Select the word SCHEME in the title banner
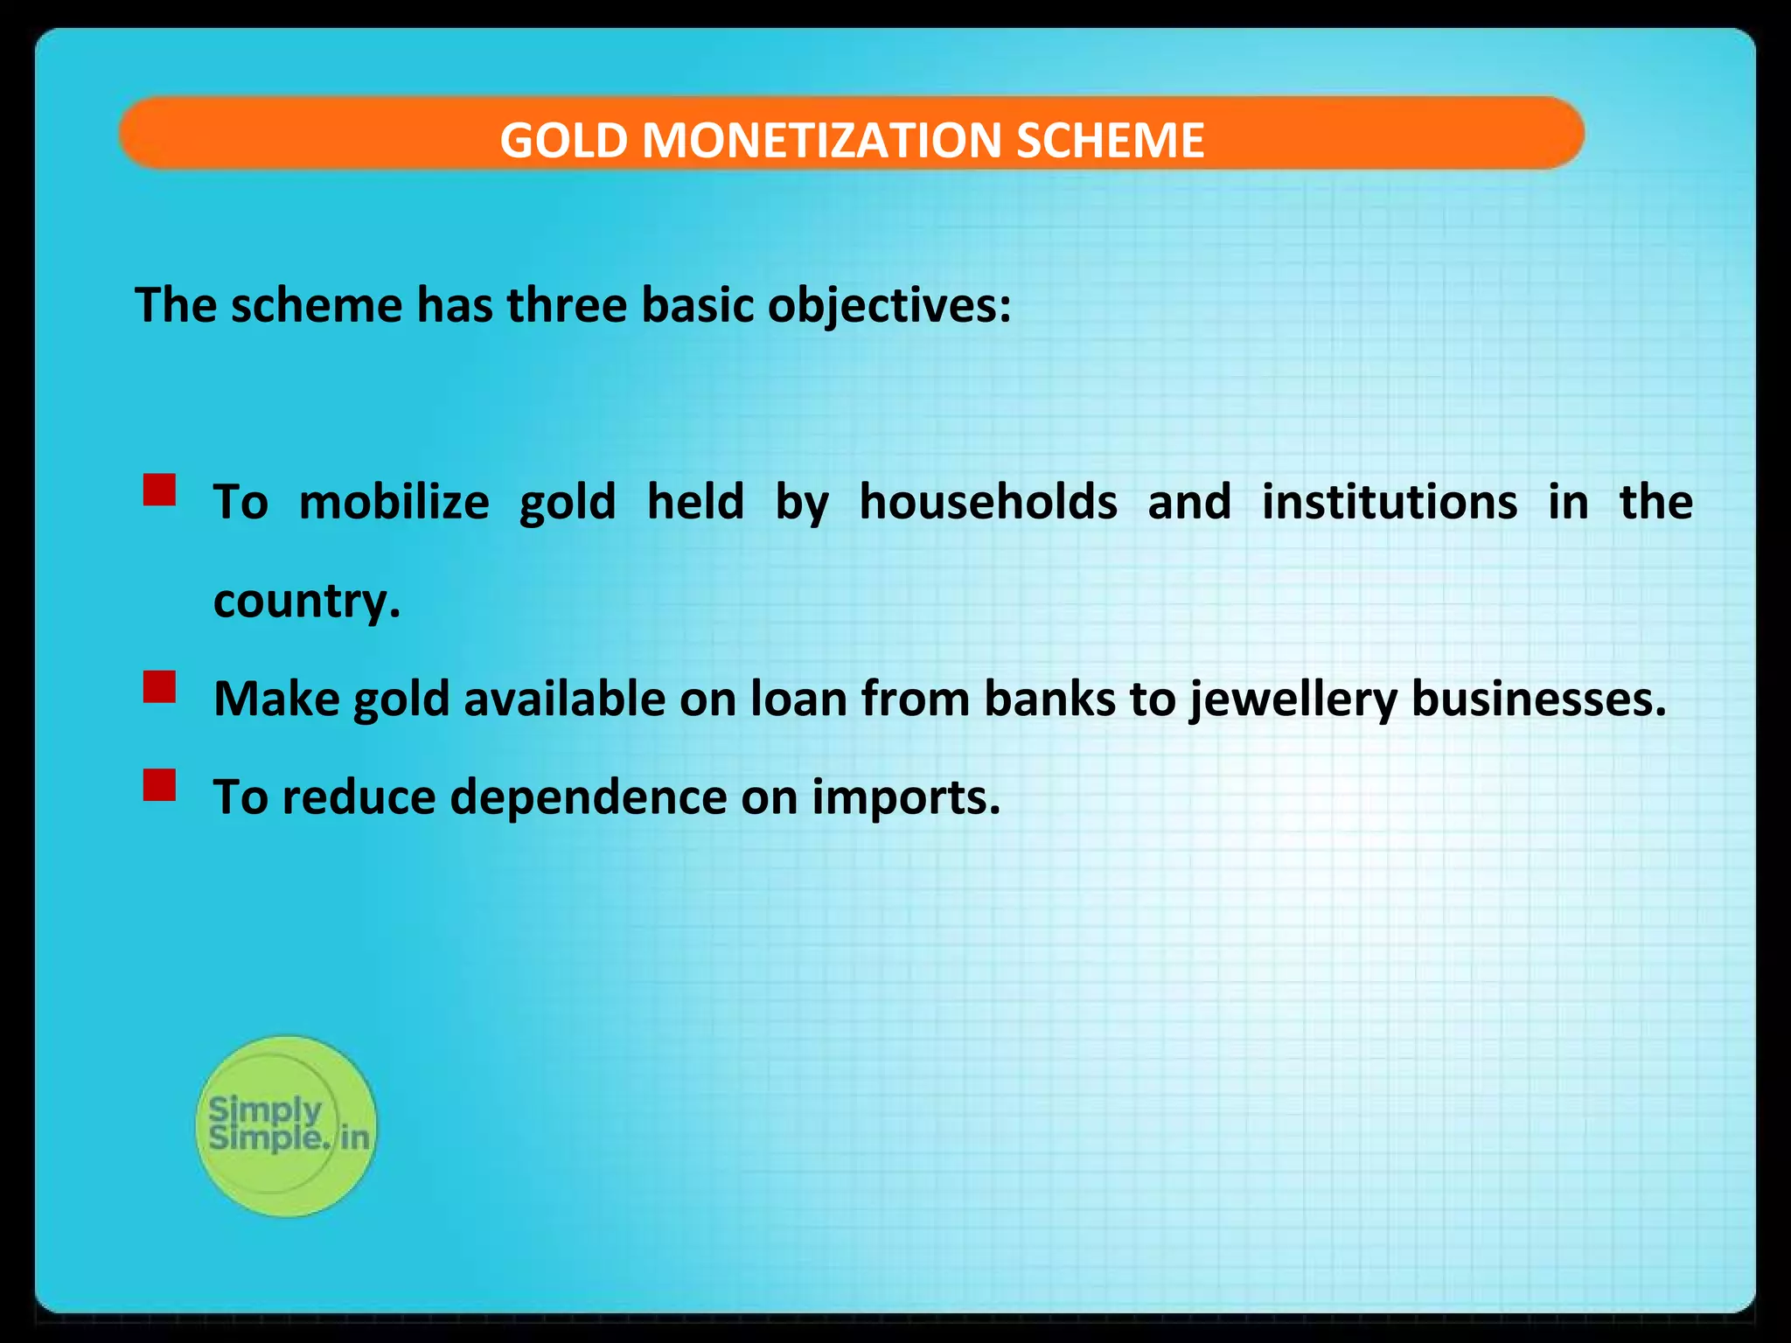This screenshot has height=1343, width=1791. [x=1110, y=140]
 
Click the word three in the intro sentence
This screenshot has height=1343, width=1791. [x=567, y=306]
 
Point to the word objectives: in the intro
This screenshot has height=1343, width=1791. [x=889, y=306]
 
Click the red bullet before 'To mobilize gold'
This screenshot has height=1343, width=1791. [x=160, y=491]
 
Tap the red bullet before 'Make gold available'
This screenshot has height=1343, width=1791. [x=160, y=687]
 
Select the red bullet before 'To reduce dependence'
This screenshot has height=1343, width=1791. [x=160, y=785]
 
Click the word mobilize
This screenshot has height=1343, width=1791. [x=394, y=502]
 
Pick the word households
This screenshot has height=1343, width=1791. [x=988, y=502]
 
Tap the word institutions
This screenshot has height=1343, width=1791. [x=1390, y=502]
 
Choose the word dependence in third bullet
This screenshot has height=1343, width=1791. [x=588, y=797]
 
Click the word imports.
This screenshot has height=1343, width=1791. [x=905, y=797]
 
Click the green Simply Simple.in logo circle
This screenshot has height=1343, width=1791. [x=286, y=1126]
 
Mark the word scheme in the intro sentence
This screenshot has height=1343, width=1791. [x=316, y=306]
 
